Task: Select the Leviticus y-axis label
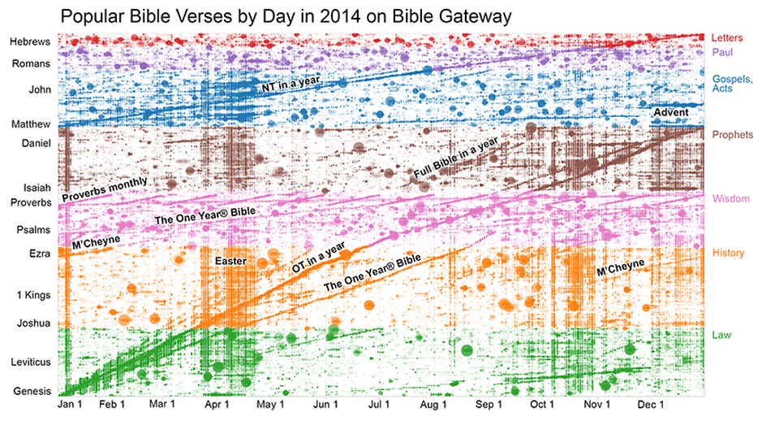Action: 31,362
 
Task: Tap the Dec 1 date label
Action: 651,404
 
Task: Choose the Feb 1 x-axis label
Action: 112,404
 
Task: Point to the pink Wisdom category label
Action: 730,199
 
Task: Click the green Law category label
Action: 721,335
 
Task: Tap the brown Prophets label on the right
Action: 733,134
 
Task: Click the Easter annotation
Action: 230,261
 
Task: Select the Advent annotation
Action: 670,112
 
